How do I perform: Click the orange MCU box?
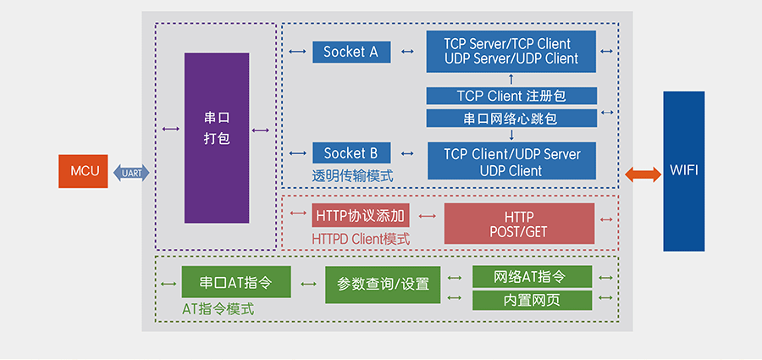pyautogui.click(x=84, y=171)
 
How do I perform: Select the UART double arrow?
pyautogui.click(x=131, y=173)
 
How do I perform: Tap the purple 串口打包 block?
pyautogui.click(x=217, y=138)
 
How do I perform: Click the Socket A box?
pyautogui.click(x=351, y=52)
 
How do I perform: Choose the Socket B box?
pyautogui.click(x=351, y=153)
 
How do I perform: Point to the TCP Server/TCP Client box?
pyautogui.click(x=511, y=51)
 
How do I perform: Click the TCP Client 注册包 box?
pyautogui.click(x=511, y=96)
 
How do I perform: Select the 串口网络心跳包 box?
pyautogui.click(x=511, y=119)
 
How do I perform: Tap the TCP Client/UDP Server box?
pyautogui.click(x=511, y=162)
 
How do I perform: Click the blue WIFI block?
pyautogui.click(x=683, y=171)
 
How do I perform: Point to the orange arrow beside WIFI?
pyautogui.click(x=643, y=174)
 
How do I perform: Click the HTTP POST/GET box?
pyautogui.click(x=519, y=224)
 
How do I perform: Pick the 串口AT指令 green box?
pyautogui.click(x=236, y=282)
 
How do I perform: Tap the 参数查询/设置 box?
pyautogui.click(x=383, y=284)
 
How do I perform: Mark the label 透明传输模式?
pyautogui.click(x=351, y=176)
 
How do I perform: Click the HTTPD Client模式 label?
pyautogui.click(x=361, y=240)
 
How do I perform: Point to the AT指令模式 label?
pyautogui.click(x=218, y=309)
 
